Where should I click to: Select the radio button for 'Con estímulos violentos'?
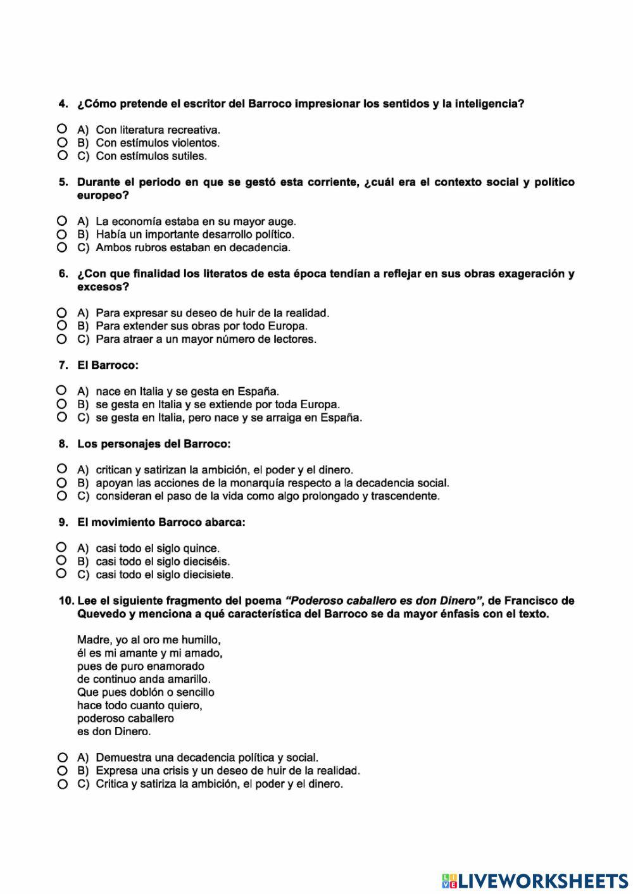pos(62,142)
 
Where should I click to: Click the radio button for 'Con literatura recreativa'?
pos(62,129)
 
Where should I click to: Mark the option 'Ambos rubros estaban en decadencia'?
pos(62,247)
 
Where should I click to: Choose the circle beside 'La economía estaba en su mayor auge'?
pos(62,221)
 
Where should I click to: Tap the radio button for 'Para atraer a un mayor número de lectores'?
pos(62,339)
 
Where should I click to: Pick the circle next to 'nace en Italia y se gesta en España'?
pos(62,390)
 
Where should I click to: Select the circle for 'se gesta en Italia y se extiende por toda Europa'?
pos(62,404)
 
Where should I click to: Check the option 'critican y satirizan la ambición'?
pos(62,469)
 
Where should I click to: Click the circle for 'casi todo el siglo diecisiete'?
pos(62,574)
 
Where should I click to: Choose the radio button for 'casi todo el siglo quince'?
pos(62,547)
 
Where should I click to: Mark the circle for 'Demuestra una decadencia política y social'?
pos(62,757)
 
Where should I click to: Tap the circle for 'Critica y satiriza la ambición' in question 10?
pos(62,784)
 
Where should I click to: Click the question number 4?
pos(63,104)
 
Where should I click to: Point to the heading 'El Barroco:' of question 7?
pos(108,365)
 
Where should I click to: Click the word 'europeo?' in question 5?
pos(103,196)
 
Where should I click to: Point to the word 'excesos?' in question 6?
pos(103,287)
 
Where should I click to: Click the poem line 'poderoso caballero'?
pos(125,718)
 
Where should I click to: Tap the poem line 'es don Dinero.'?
pos(114,731)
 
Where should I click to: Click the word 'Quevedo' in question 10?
pos(101,614)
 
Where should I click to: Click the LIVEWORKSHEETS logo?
pos(535,880)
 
